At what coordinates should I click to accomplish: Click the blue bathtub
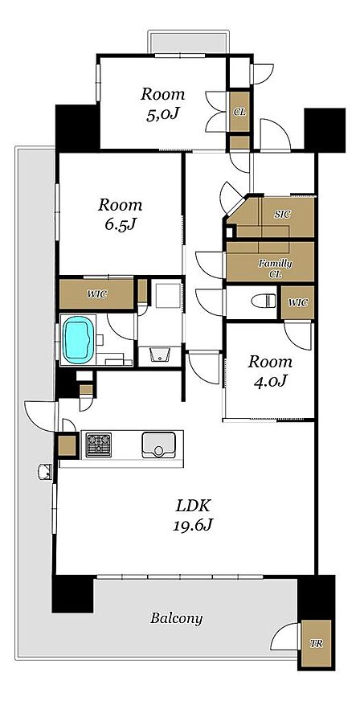click(x=79, y=338)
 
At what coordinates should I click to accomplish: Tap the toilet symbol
click(x=264, y=301)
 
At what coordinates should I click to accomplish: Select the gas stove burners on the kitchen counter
click(x=98, y=445)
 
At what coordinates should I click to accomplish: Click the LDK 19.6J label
click(x=193, y=515)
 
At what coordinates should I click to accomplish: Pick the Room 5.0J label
click(x=162, y=104)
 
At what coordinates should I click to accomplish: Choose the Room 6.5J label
click(x=120, y=215)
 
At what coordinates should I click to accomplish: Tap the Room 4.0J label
click(x=270, y=371)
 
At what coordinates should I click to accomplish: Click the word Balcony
click(x=177, y=619)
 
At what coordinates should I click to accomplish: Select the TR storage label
click(x=317, y=644)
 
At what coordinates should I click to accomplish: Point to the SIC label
click(x=282, y=214)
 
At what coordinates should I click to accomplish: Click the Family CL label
click(x=275, y=269)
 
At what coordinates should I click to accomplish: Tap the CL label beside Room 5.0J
click(x=239, y=112)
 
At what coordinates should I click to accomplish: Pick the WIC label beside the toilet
click(x=297, y=302)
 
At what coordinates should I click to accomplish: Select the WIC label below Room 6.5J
click(x=97, y=294)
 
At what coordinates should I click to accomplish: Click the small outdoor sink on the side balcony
click(x=45, y=472)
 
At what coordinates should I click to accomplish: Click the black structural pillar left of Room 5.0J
click(x=77, y=128)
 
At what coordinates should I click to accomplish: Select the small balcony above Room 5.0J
click(x=189, y=43)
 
